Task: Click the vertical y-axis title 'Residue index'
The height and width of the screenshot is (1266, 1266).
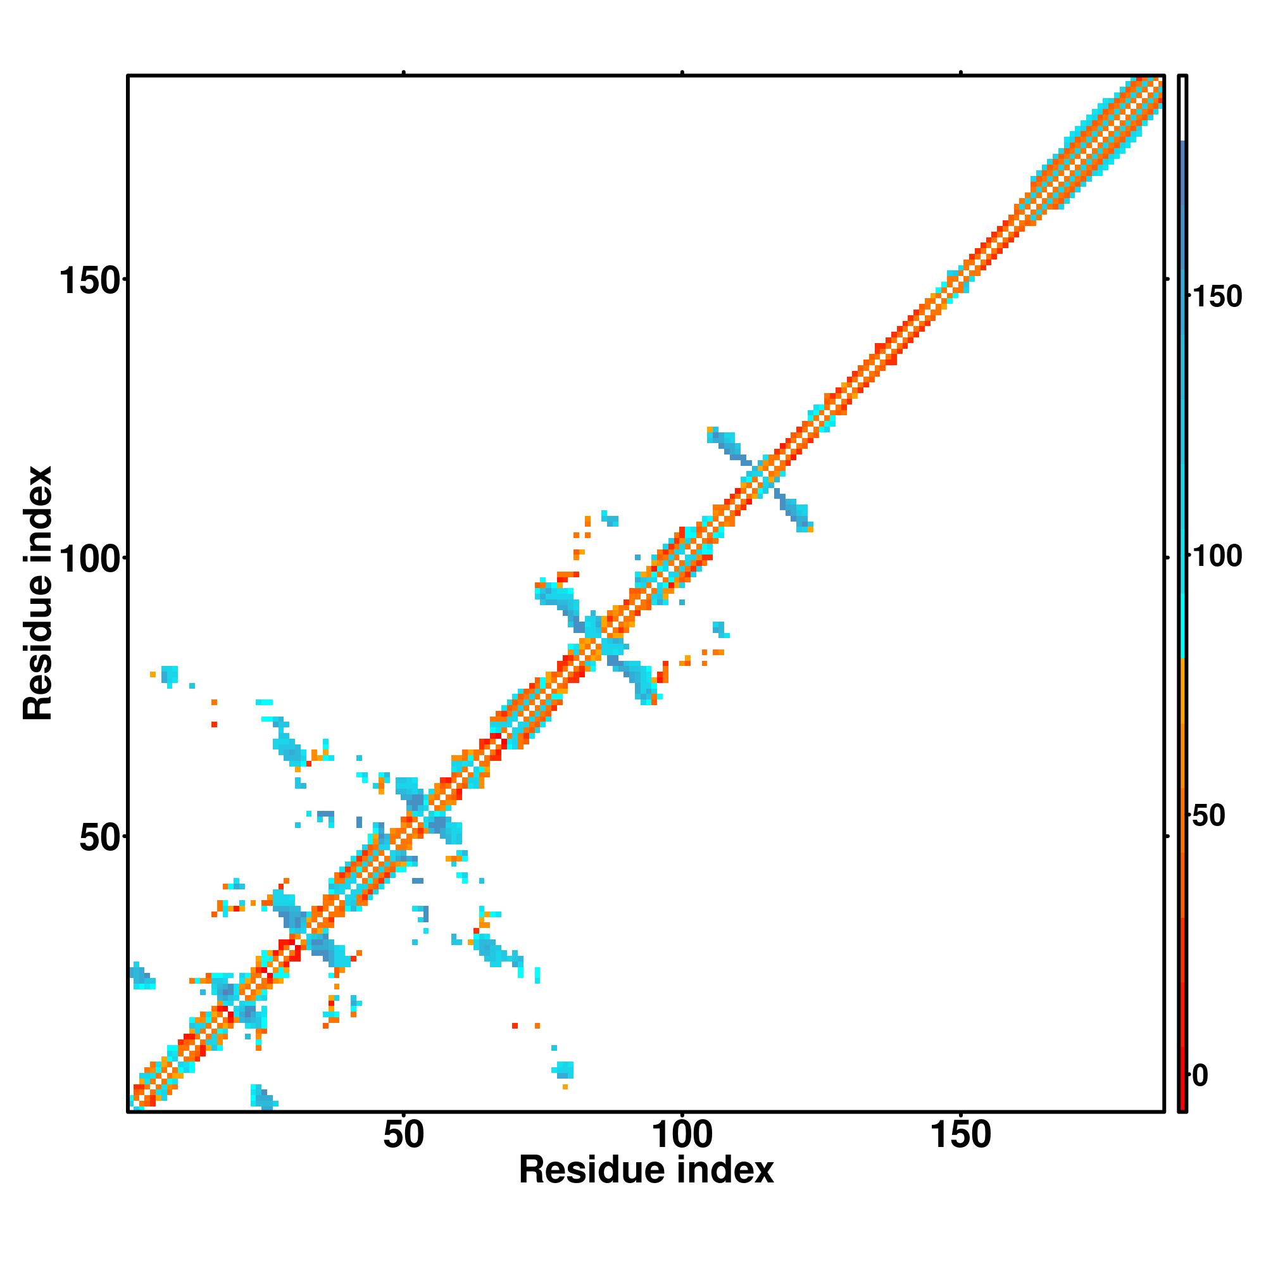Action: tap(38, 593)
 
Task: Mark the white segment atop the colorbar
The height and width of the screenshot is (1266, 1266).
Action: tap(1183, 108)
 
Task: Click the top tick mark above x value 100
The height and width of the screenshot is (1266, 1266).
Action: tap(682, 72)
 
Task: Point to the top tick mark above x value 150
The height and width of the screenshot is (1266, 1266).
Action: tap(961, 72)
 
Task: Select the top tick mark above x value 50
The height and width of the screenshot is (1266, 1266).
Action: tap(404, 72)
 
